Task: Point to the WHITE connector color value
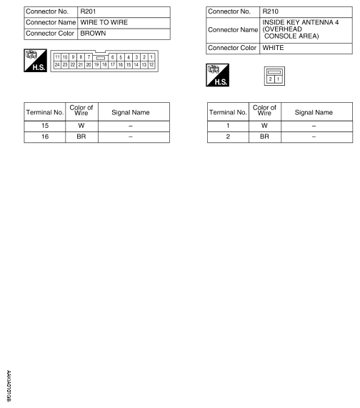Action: click(275, 48)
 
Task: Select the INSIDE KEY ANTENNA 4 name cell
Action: click(299, 29)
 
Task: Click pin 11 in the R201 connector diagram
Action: click(57, 56)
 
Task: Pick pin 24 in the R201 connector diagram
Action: click(57, 64)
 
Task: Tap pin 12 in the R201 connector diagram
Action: click(151, 64)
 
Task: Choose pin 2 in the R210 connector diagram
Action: click(271, 79)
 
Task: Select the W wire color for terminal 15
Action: click(80, 124)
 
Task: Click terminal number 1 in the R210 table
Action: click(228, 124)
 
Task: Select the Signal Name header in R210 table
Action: click(314, 112)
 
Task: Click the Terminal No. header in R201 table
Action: click(45, 112)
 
